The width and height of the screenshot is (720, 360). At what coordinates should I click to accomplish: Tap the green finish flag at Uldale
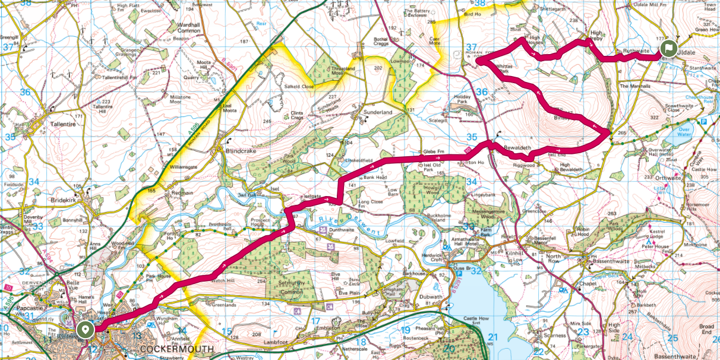(x=668, y=49)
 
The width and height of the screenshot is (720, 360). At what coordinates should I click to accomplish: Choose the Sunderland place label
(x=378, y=112)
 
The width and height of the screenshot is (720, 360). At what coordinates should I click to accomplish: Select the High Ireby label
(x=597, y=36)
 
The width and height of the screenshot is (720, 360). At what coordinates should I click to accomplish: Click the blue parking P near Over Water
(x=703, y=122)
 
